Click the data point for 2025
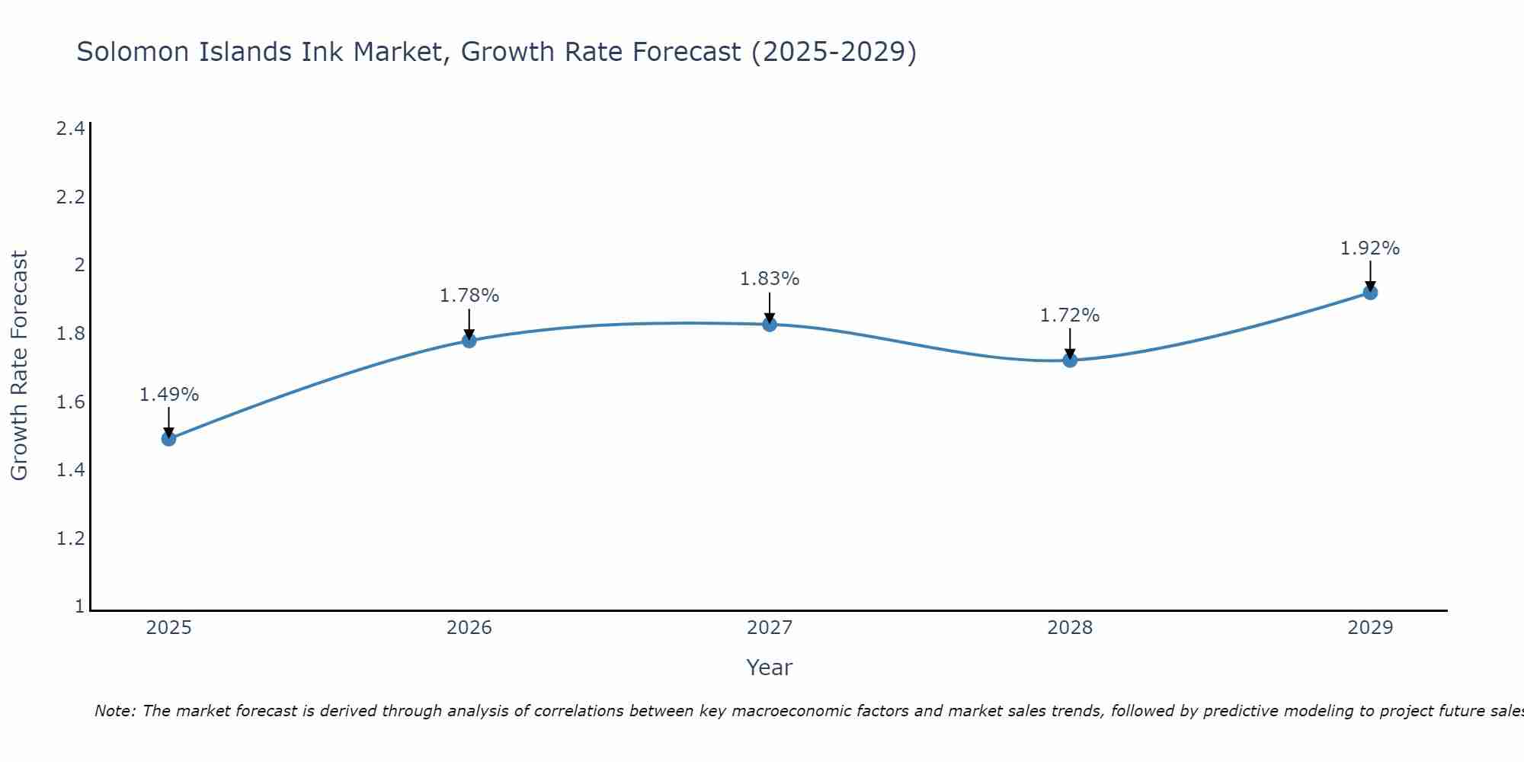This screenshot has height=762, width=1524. pyautogui.click(x=169, y=439)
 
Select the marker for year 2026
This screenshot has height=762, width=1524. pyautogui.click(x=469, y=341)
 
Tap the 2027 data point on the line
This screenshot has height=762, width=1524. pyautogui.click(x=770, y=325)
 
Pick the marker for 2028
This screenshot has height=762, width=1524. pyautogui.click(x=1070, y=360)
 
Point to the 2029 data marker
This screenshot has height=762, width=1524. pyautogui.click(x=1370, y=293)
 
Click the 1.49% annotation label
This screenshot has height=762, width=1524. pyautogui.click(x=169, y=395)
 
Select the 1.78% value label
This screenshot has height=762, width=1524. pyautogui.click(x=469, y=296)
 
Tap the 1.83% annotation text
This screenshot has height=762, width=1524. pyautogui.click(x=770, y=279)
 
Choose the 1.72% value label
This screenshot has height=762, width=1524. pyautogui.click(x=1070, y=315)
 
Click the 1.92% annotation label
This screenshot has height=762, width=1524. pyautogui.click(x=1370, y=248)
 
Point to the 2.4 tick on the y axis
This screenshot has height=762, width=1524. pyautogui.click(x=70, y=128)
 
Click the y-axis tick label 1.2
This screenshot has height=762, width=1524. pyautogui.click(x=70, y=539)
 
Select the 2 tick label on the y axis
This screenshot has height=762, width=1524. pyautogui.click(x=78, y=265)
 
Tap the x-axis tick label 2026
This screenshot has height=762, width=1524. pyautogui.click(x=469, y=628)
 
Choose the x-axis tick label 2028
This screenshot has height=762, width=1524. pyautogui.click(x=1070, y=628)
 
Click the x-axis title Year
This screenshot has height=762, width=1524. pyautogui.click(x=770, y=668)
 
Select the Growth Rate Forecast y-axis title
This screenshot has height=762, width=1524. pyautogui.click(x=19, y=365)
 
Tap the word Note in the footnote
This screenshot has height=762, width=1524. pyautogui.click(x=115, y=711)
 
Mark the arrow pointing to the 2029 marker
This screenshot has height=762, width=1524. pyautogui.click(x=1370, y=277)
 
